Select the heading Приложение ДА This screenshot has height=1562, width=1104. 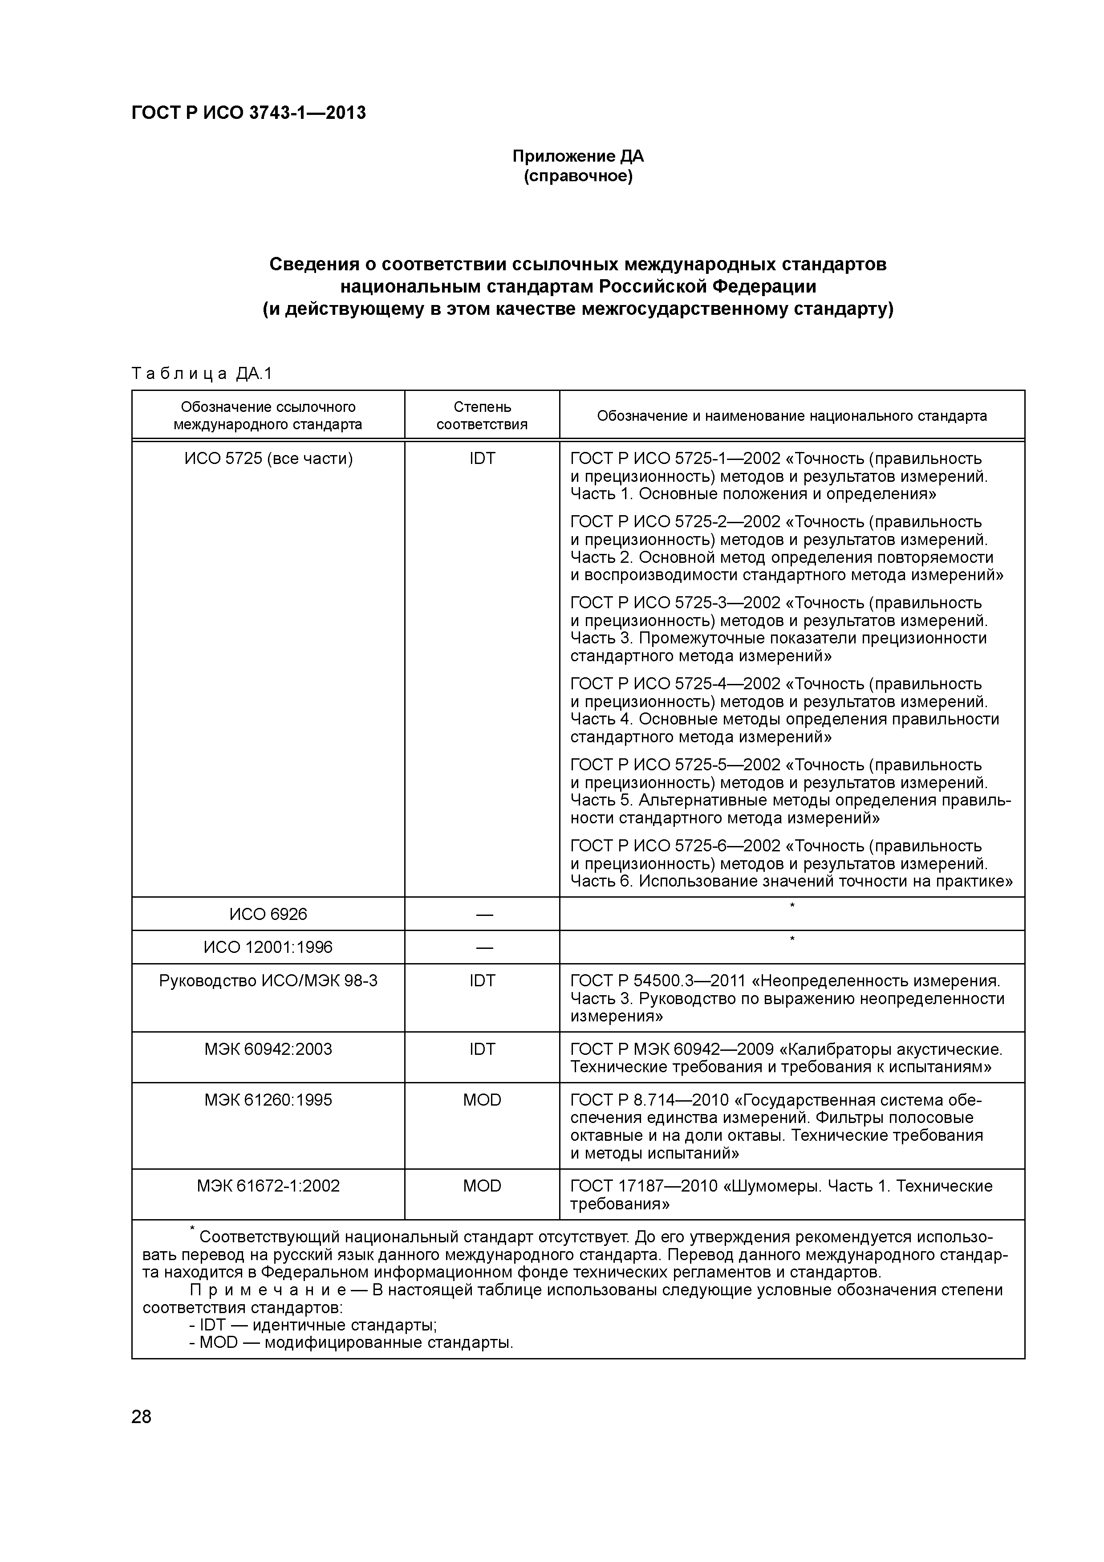pyautogui.click(x=577, y=156)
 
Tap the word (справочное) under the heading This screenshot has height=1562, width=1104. pyautogui.click(x=577, y=177)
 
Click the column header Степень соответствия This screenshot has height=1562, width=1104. pyautogui.click(x=482, y=416)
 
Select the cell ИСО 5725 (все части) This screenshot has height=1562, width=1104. pyautogui.click(x=268, y=459)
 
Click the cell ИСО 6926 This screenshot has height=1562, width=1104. pyautogui.click(x=268, y=914)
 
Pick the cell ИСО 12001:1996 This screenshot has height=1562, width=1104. pyautogui.click(x=268, y=948)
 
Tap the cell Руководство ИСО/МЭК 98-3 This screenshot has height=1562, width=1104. pyautogui.click(x=268, y=981)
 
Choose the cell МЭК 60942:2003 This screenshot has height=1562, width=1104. pyautogui.click(x=268, y=1049)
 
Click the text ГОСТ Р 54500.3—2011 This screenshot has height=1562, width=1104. pyautogui.click(x=658, y=981)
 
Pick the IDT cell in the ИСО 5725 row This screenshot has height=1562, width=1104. pyautogui.click(x=482, y=459)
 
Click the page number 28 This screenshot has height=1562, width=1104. pyautogui.click(x=142, y=1417)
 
